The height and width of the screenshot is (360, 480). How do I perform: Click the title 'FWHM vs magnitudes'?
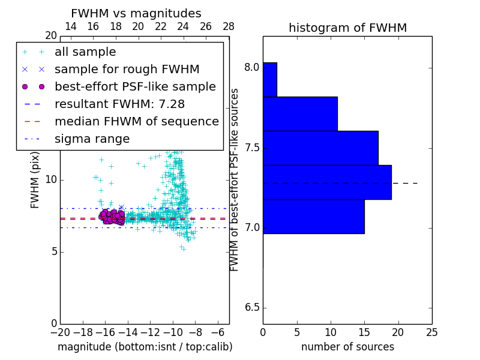point(136,13)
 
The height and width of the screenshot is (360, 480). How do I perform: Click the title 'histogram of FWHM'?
point(347,28)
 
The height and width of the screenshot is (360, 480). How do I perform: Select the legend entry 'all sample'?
point(85,52)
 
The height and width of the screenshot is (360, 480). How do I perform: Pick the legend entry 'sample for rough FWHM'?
point(127,69)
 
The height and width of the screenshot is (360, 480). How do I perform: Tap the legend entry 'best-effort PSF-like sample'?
point(135,86)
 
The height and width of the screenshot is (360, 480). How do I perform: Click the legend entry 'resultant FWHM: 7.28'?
point(119,104)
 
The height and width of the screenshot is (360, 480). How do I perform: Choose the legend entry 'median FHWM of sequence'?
point(136,121)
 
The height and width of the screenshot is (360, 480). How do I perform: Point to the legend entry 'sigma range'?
point(92,139)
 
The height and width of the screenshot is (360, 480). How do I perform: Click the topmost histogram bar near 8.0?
point(270,79)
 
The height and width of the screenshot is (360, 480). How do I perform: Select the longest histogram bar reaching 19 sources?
point(327,182)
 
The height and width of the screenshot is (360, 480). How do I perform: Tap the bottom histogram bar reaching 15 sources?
point(313,216)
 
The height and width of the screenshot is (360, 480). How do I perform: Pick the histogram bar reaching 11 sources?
point(300,113)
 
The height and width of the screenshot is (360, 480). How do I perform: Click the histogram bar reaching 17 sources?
point(320,148)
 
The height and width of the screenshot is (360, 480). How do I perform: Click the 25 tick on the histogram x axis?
point(432,332)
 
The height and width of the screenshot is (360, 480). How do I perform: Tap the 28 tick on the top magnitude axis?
point(229,26)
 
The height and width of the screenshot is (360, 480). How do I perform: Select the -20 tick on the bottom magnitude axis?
point(60,332)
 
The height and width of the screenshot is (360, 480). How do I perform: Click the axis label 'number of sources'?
point(347,347)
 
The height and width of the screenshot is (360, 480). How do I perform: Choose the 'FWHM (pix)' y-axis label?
point(35,179)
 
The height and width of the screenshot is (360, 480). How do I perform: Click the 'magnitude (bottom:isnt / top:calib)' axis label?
point(145,347)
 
